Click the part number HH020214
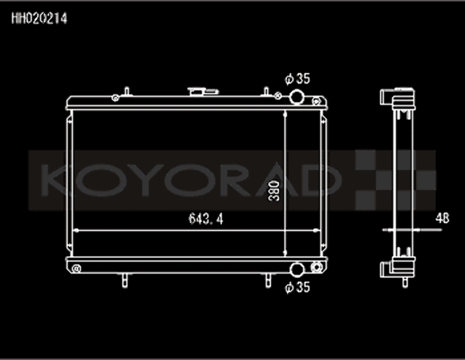click(39, 19)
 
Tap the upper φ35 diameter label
click(298, 79)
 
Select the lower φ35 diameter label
click(297, 288)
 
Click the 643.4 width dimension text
click(206, 219)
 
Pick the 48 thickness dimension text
click(442, 218)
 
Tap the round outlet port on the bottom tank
click(297, 269)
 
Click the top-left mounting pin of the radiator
click(126, 91)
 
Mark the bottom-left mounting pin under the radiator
click(125, 280)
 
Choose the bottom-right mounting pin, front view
click(268, 280)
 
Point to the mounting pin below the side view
click(405, 281)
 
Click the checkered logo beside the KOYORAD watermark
click(395, 180)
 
